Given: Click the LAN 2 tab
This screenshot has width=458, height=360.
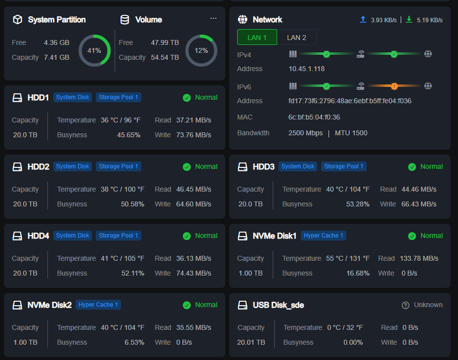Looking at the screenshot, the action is coord(296,38).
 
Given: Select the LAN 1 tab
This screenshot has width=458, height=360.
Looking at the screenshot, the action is coord(257,38).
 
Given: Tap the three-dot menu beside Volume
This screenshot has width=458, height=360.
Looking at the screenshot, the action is coord(213,18).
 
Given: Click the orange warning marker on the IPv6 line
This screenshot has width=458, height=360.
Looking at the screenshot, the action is coord(394,86).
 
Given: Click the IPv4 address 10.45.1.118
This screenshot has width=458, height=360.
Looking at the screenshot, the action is coord(306,69).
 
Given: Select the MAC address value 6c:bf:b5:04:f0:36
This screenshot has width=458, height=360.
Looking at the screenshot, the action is coord(314,117).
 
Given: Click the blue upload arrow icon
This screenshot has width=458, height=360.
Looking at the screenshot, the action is coord(363,20).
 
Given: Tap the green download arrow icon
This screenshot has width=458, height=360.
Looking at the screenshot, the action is coord(409,20).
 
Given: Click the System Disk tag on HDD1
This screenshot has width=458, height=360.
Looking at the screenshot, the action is coord(73,97).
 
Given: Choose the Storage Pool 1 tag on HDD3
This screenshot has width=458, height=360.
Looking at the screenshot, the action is coord(344,166).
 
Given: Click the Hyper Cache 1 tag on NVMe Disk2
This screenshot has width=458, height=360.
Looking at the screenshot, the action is coord(98,305).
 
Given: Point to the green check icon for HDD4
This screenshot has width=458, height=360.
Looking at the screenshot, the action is coord(187,236).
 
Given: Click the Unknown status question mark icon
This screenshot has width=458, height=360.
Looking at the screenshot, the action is coord(406,305).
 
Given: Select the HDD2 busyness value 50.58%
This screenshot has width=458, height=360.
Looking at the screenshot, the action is coord(132,204).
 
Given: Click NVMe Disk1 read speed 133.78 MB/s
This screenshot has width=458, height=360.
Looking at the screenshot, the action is coord(419,258).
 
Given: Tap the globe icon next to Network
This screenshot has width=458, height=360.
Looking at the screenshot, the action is coord(243,20).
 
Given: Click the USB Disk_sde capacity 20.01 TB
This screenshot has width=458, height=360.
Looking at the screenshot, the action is coord(251,342).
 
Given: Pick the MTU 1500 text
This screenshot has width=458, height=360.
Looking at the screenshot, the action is coord(351,133).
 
